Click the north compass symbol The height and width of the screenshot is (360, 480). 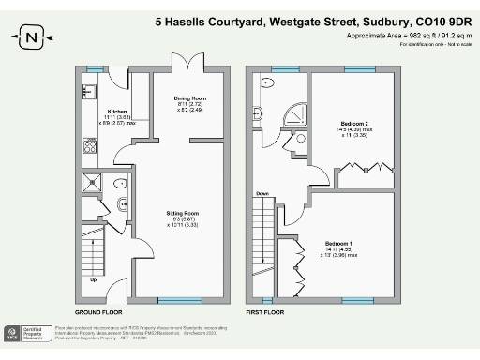tap(33, 38)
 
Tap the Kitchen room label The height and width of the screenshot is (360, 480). tap(117, 110)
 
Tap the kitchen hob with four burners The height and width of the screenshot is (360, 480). tap(91, 144)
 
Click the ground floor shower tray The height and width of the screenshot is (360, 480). tap(93, 182)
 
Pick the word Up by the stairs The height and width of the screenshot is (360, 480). tap(93, 279)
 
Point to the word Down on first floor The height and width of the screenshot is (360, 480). tap(262, 193)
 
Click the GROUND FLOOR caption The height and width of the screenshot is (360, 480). tap(98, 311)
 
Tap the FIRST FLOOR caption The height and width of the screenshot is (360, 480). tap(264, 311)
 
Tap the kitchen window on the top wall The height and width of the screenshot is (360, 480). tap(94, 69)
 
